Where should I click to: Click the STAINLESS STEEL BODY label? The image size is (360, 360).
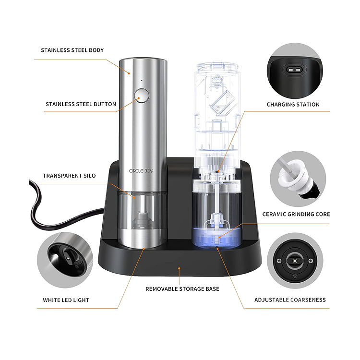pos(72,50)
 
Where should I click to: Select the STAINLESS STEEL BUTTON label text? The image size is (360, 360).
pos(81,104)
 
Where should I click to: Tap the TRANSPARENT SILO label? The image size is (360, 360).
pos(69,176)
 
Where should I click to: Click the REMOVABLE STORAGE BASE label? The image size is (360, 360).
pos(182,288)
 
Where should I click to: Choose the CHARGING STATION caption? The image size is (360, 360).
pos(293,104)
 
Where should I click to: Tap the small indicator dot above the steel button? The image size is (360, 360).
pos(141,80)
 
